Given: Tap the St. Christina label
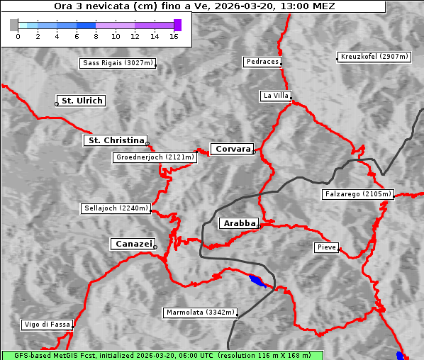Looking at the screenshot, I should pyautogui.click(x=114, y=140).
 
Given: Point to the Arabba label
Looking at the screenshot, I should pyautogui.click(x=238, y=223).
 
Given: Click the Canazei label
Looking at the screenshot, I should pyautogui.click(x=132, y=244).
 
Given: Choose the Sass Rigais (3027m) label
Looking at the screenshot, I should pyautogui.click(x=118, y=63).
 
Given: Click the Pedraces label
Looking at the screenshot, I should pyautogui.click(x=262, y=62).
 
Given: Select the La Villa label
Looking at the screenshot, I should pyautogui.click(x=275, y=95).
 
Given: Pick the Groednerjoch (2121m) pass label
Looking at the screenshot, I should pyautogui.click(x=154, y=157).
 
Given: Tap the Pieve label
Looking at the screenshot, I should pyautogui.click(x=326, y=247).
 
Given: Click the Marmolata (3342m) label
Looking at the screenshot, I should pyautogui.click(x=201, y=313).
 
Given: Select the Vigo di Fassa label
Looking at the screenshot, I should pyautogui.click(x=47, y=325).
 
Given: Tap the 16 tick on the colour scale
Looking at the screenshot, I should pyautogui.click(x=174, y=35).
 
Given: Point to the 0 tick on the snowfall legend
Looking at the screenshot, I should pyautogui.click(x=18, y=35).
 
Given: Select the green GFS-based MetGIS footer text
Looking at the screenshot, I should pyautogui.click(x=162, y=355).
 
